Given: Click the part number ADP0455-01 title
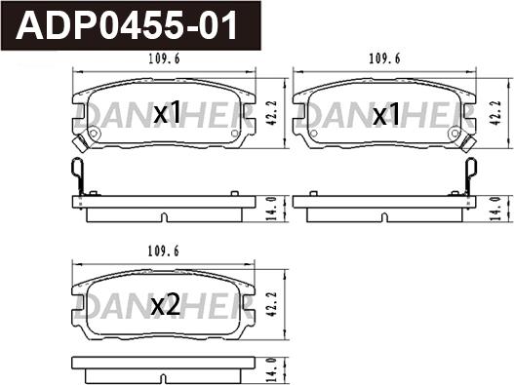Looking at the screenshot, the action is click(127, 25).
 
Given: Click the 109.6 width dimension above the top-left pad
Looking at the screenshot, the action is click(164, 59).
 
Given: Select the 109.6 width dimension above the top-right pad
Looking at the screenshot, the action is click(384, 59).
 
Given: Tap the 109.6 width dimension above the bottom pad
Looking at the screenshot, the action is click(163, 251).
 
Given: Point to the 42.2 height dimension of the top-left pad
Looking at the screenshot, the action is click(272, 113).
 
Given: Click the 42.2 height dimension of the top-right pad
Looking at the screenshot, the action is click(495, 113).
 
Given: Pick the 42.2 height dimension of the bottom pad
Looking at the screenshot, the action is click(272, 304).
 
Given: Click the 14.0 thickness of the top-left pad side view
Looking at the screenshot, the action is click(272, 209).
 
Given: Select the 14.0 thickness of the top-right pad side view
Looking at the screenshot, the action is click(495, 209).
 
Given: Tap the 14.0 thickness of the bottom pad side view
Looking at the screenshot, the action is click(272, 370).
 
